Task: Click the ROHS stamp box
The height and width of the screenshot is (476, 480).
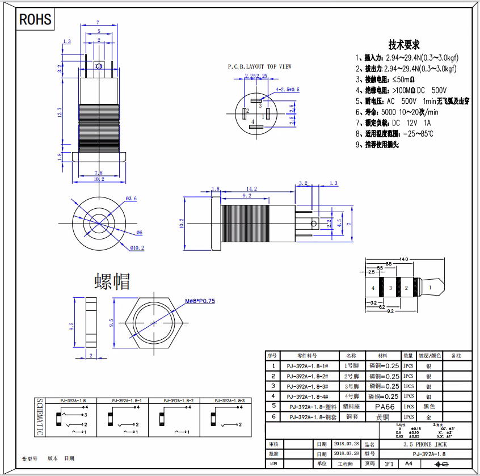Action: coord(35,20)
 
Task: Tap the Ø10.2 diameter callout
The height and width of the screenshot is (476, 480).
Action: coord(137,248)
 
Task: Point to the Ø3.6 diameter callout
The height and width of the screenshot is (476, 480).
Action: coord(131,198)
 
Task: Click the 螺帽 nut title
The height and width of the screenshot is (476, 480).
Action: coord(112,281)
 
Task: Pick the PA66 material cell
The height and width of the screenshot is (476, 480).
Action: coord(384,407)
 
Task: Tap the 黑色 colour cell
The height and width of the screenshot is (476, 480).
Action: coord(429,407)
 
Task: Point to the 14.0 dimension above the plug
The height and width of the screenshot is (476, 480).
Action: coord(403,259)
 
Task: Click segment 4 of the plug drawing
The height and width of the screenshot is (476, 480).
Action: coord(373,288)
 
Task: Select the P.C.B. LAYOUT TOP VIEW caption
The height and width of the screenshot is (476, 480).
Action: coord(259,66)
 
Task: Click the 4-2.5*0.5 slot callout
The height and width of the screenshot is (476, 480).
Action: coord(287,90)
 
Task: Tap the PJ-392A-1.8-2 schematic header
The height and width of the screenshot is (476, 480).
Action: coord(174,400)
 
